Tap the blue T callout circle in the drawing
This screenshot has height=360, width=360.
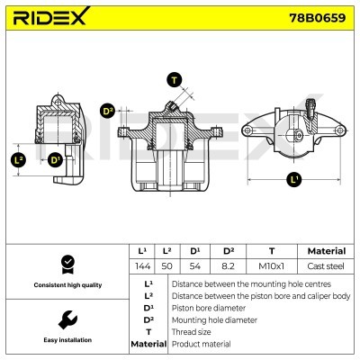[x=175, y=79]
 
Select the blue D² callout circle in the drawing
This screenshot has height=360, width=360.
[x=108, y=111]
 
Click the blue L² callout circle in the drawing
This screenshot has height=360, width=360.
[x=19, y=159]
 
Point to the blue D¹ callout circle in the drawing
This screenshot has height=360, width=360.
[x=56, y=159]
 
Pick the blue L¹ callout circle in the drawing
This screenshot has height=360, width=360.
[x=292, y=179]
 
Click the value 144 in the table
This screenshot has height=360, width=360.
[x=140, y=266]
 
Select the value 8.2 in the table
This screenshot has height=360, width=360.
[x=228, y=266]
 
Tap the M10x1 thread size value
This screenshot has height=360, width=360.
[x=272, y=266]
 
